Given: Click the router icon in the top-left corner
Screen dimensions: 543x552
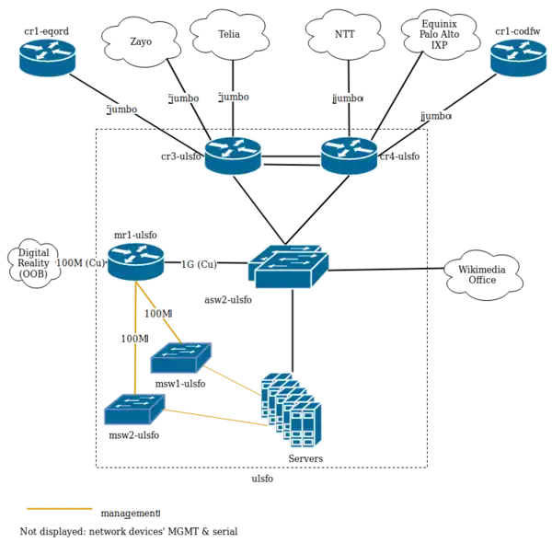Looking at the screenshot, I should coord(48,57).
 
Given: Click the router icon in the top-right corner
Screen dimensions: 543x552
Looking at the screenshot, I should coord(519,57).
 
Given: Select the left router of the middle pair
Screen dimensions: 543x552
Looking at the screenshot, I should coord(233,155).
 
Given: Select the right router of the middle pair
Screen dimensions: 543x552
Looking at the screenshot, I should coord(348,155).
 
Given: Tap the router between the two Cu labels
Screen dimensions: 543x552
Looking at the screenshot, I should coord(135,261).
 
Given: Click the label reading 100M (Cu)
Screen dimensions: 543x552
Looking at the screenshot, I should coord(81,264).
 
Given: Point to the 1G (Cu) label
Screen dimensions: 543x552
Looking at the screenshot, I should coord(199,264).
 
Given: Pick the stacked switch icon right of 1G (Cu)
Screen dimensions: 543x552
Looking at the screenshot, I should coord(288,267).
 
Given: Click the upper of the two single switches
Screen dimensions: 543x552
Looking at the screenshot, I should coord(181,357).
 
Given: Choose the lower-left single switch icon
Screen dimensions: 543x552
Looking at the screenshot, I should coord(134,410).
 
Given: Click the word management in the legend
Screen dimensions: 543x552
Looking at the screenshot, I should coord(130,513).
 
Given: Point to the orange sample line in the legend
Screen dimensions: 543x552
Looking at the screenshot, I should coord(60,508).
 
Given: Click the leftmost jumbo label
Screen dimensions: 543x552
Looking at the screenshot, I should coord(122,110).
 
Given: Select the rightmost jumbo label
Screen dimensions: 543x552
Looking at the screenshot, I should coord(436,116).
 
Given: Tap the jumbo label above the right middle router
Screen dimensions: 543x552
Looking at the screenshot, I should coord(349,98).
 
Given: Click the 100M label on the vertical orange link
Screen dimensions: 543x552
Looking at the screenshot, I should coord(133,339).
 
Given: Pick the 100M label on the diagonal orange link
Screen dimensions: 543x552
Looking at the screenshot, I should coord(157,314).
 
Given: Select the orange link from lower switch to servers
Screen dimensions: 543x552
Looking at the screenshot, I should coord(216,417).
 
